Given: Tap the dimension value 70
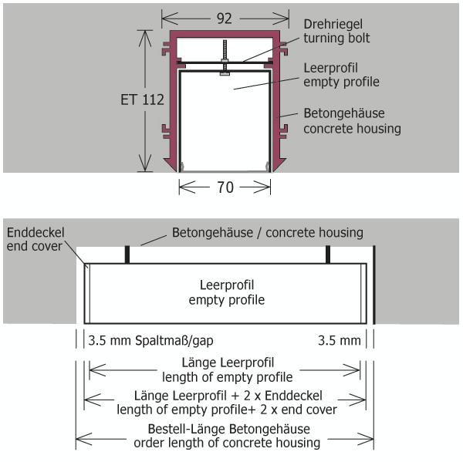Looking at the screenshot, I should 225,186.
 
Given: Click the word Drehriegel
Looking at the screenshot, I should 331,24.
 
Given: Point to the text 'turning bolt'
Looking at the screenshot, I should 336,38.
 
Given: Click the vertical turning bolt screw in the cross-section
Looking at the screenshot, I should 224,57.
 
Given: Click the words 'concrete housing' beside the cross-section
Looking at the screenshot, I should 352,128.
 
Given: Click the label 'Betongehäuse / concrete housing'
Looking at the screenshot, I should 267,231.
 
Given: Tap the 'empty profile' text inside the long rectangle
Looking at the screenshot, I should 227,299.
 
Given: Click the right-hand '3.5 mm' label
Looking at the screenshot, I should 340,340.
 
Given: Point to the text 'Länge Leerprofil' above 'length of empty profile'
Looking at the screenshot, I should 227,363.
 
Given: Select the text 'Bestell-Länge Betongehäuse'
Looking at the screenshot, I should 227,429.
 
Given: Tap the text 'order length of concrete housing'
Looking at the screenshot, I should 227,443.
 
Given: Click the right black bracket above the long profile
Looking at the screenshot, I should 329,255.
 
